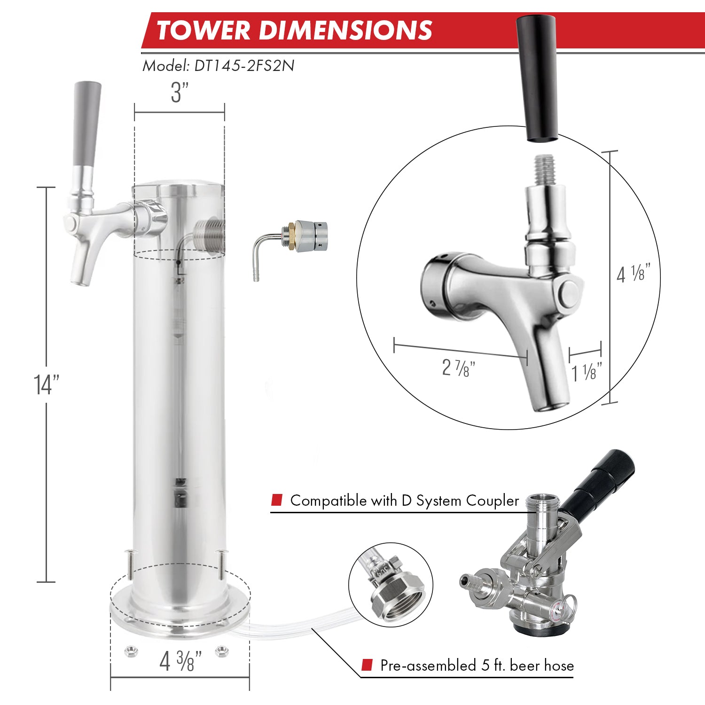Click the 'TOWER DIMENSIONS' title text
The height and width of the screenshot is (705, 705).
click(x=294, y=30)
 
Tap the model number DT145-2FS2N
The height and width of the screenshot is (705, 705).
click(x=244, y=65)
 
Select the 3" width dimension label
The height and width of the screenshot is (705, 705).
click(x=179, y=93)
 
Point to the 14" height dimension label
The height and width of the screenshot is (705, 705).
click(x=47, y=384)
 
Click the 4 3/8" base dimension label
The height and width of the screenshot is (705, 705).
click(x=180, y=661)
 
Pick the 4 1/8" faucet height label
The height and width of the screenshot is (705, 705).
click(x=633, y=274)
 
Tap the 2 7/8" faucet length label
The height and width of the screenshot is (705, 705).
click(x=458, y=368)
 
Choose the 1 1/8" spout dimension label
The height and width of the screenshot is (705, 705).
click(x=587, y=373)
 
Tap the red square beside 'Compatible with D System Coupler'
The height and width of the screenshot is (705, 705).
click(x=277, y=500)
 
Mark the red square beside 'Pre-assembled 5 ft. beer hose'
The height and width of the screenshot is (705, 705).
click(x=367, y=665)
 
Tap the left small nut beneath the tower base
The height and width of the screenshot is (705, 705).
click(x=131, y=651)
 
